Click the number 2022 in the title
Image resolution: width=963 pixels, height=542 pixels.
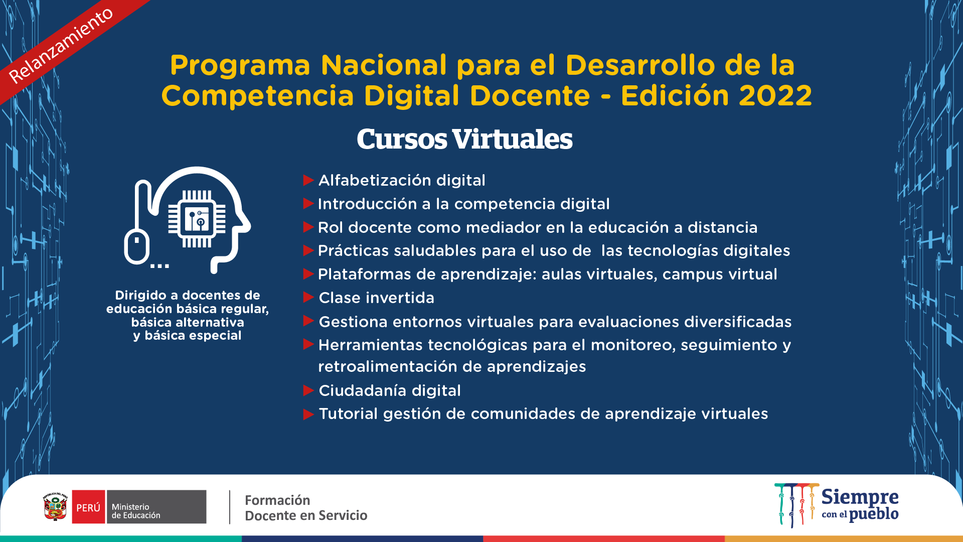[775, 96]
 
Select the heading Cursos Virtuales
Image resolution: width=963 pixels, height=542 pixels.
[464, 139]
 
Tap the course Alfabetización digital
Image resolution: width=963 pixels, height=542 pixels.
[402, 180]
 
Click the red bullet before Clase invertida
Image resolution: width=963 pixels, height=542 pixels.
[308, 298]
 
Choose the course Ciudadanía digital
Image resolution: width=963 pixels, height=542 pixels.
[390, 390]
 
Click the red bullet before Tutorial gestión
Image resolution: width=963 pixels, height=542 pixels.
[308, 415]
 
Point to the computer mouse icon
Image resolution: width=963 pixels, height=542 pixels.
[137, 246]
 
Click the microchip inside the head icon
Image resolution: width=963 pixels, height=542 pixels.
[197, 219]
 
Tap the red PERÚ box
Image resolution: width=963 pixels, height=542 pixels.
[89, 507]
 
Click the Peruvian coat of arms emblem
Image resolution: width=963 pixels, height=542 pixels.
[55, 507]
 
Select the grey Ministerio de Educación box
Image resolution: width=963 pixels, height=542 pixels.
[156, 507]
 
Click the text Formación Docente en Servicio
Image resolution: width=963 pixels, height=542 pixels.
[306, 508]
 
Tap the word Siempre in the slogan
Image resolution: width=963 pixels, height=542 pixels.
[860, 497]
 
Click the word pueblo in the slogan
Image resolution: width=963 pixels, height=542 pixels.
[874, 514]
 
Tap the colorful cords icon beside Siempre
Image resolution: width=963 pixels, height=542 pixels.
[796, 505]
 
